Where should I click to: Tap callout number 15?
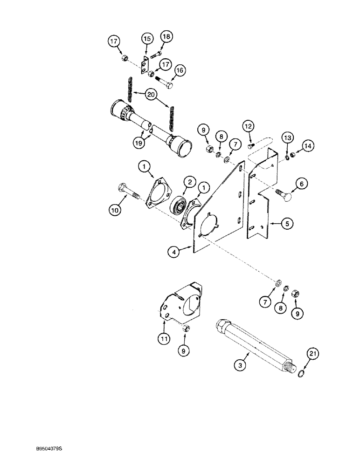[146, 39]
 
